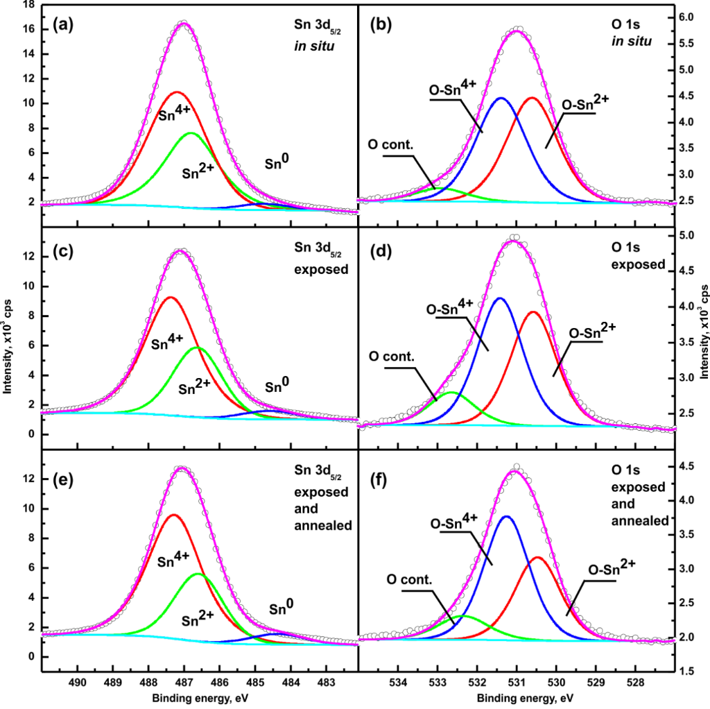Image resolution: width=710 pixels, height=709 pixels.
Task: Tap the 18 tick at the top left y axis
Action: click(29, 5)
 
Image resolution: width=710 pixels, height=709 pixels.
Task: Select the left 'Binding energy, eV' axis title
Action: click(200, 698)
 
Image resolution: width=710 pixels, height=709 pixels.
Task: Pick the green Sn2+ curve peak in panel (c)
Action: click(198, 347)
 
